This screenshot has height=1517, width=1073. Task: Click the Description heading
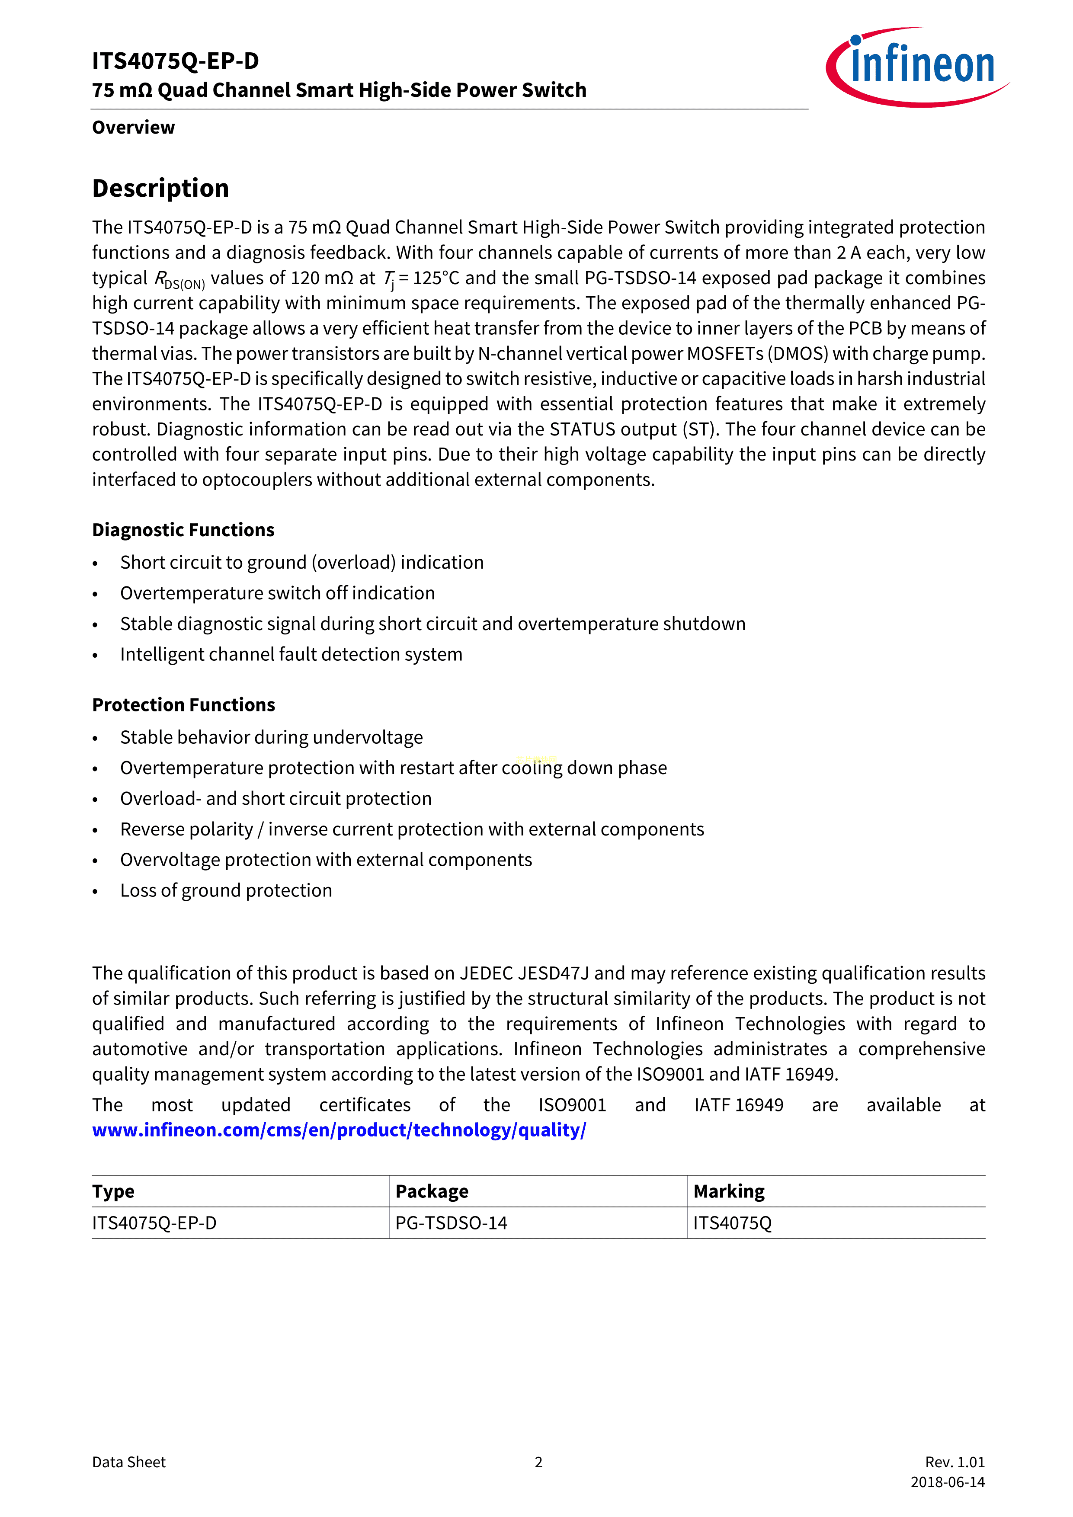160,188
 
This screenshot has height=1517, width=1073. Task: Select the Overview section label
134,128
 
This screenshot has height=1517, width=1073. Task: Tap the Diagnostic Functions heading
183,530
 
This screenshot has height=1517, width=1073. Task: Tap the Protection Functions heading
184,705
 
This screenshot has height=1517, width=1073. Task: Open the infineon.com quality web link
339,1130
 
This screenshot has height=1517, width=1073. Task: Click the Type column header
113,1191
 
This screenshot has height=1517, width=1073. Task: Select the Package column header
432,1191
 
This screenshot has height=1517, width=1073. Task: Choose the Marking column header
729,1191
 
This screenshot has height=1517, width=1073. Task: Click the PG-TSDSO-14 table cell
451,1223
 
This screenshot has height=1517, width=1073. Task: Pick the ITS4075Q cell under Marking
732,1223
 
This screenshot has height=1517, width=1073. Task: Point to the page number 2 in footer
538,1462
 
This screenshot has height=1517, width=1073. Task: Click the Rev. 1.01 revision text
955,1462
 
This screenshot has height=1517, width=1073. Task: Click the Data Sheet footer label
129,1462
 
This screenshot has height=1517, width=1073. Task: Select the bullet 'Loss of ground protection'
226,891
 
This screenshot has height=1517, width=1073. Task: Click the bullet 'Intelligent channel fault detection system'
291,655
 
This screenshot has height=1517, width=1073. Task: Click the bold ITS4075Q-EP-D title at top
175,61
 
